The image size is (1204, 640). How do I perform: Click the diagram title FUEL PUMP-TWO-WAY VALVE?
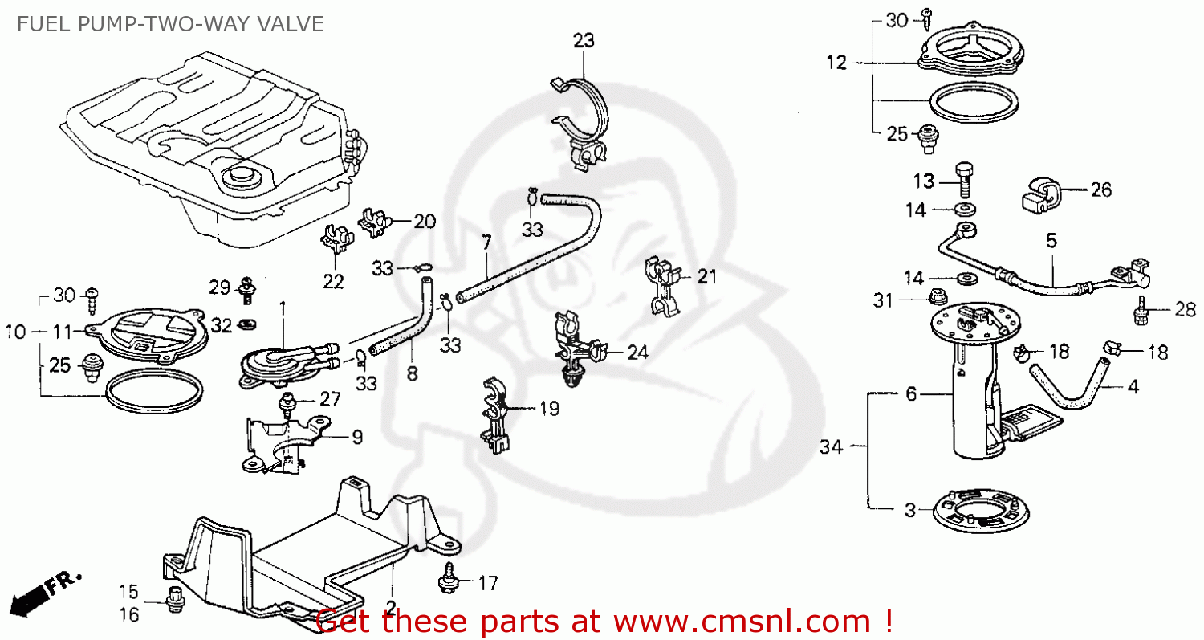pos(169,24)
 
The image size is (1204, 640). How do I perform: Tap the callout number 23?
pos(584,40)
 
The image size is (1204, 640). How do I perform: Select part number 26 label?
pos(1100,190)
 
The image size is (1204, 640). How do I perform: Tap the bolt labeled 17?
pos(446,582)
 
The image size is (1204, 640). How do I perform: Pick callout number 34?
pos(832,447)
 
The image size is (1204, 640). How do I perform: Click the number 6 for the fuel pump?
pos(910,394)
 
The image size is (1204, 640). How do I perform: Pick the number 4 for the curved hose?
pos(1133,386)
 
